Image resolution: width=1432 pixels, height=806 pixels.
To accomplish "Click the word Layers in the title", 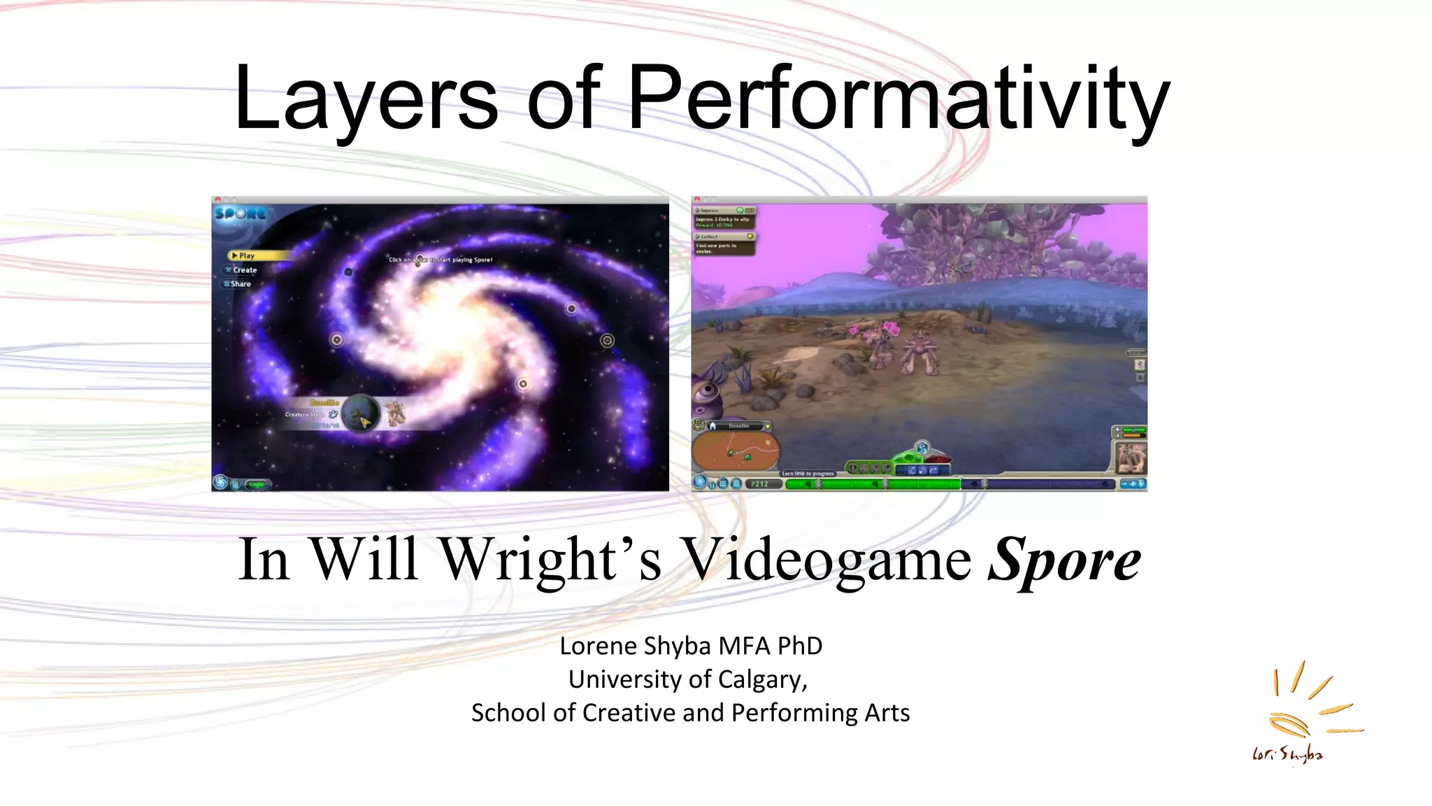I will [366, 98].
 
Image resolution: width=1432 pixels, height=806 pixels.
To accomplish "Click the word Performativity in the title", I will [898, 98].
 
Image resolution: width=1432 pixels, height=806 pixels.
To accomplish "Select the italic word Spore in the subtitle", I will [1064, 560].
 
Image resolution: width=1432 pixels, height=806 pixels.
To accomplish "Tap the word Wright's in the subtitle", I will [550, 560].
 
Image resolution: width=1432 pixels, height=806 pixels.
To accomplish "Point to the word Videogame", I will [825, 560].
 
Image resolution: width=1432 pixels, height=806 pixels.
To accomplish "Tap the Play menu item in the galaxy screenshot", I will [246, 255].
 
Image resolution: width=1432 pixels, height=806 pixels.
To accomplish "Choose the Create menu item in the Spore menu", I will [244, 270].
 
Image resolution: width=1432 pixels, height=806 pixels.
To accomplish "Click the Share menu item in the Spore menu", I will [240, 284].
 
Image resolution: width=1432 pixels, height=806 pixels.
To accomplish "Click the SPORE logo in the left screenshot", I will [240, 213].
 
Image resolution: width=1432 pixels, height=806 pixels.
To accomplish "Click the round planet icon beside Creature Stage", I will [361, 413].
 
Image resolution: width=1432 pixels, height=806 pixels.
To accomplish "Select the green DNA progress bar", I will [871, 483].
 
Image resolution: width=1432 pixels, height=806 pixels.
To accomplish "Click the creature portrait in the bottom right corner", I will [1130, 458].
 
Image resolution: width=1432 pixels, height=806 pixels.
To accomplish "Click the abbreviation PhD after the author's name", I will [800, 646].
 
